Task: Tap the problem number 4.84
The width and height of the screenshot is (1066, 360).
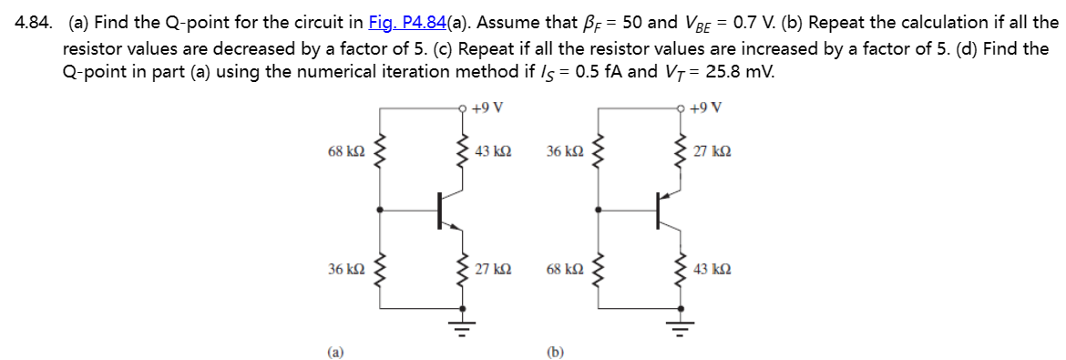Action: pyautogui.click(x=35, y=23)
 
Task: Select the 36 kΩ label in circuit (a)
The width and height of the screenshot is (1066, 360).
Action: pyautogui.click(x=343, y=270)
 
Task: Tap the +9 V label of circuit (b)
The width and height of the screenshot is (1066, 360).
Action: pyautogui.click(x=707, y=108)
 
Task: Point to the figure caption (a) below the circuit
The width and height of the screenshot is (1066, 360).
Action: pyautogui.click(x=336, y=349)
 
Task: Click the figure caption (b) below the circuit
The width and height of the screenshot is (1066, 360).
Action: pyautogui.click(x=554, y=349)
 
